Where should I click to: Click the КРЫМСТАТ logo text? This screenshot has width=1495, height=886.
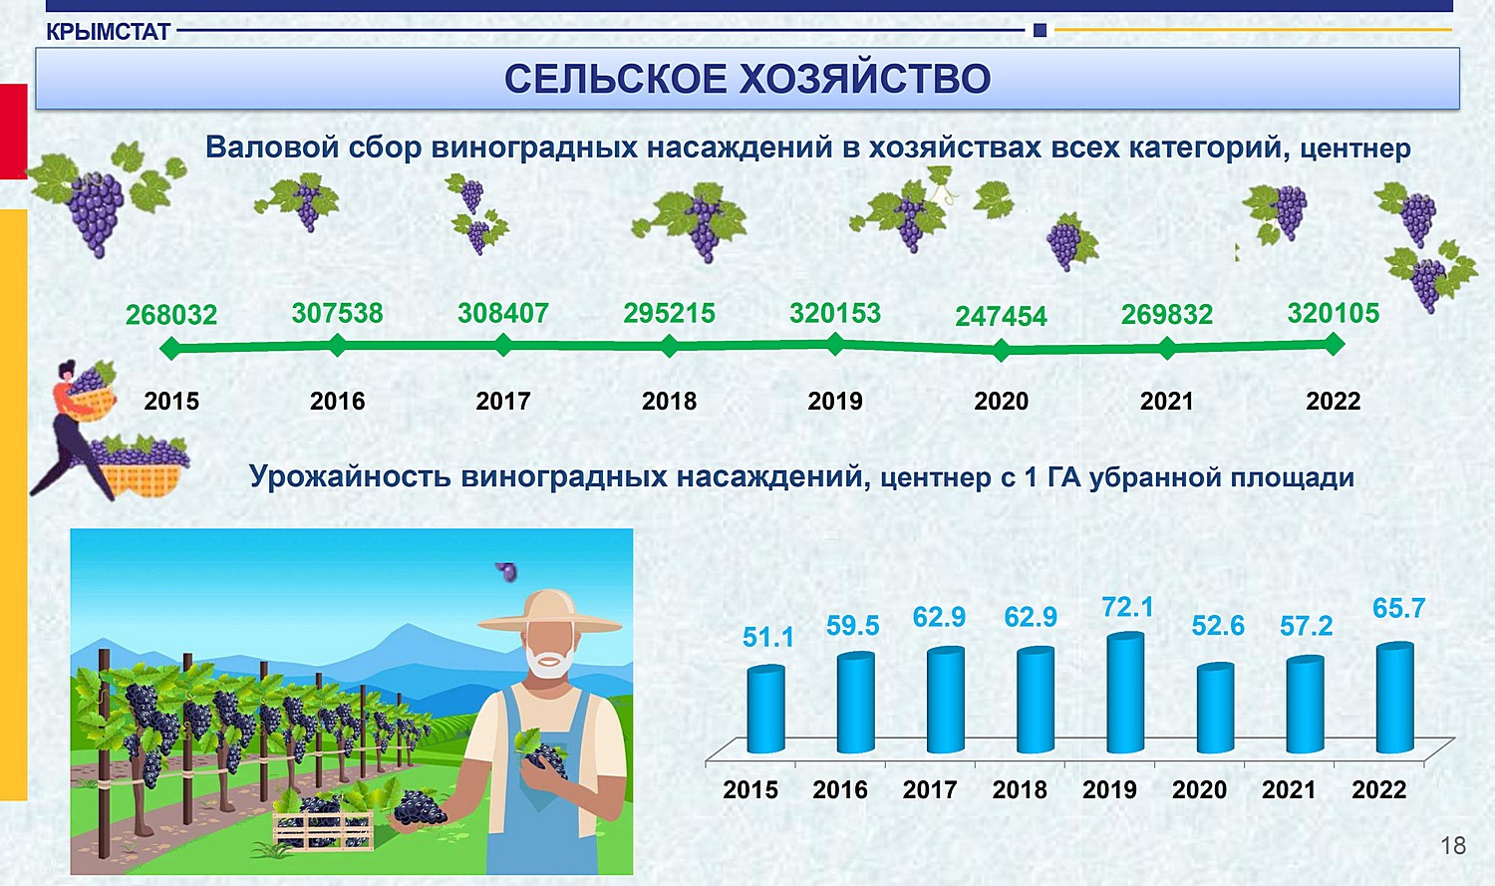click(x=108, y=31)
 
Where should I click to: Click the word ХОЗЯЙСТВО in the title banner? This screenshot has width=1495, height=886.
click(x=866, y=79)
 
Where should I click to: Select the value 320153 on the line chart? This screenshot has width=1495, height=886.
click(x=835, y=313)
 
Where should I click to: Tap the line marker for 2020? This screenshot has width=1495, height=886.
click(x=1001, y=350)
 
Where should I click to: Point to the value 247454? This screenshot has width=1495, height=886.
click(x=1001, y=316)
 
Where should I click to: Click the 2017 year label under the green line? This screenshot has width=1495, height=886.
click(x=503, y=401)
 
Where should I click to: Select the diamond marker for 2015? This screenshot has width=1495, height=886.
click(x=171, y=348)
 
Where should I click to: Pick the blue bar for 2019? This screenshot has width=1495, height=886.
click(x=1125, y=693)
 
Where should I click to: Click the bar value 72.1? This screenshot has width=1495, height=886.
click(x=1127, y=607)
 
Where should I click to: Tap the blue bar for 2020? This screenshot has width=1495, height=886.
click(x=1215, y=708)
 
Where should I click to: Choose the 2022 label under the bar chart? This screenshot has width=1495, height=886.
click(x=1378, y=790)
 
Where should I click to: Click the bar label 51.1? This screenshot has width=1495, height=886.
click(x=768, y=637)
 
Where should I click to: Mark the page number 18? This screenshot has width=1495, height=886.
click(x=1453, y=846)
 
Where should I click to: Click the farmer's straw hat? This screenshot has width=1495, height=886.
click(x=549, y=611)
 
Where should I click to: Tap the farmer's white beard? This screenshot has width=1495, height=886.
click(x=549, y=661)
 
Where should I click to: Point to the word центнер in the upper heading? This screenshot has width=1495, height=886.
click(x=1354, y=149)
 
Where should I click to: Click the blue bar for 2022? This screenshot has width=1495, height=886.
click(x=1395, y=698)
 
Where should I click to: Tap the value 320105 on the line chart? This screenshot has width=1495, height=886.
click(x=1333, y=313)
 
